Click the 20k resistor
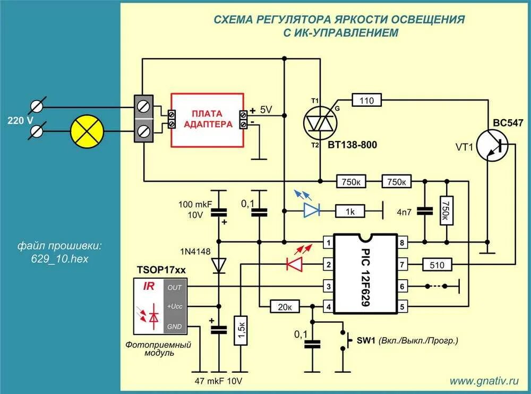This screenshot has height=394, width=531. (286, 306)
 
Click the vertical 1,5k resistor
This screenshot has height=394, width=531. (242, 330)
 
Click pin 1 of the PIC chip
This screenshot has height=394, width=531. (329, 244)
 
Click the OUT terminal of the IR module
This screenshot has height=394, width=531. (175, 287)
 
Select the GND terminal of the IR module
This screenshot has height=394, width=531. (175, 326)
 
